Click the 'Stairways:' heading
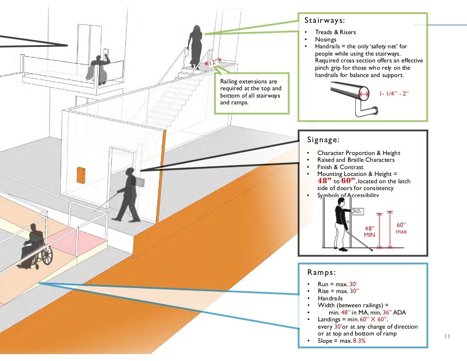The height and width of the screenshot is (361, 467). [324, 21]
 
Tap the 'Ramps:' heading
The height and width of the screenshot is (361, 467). [321, 273]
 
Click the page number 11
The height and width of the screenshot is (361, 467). [446, 336]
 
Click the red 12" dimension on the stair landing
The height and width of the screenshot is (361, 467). [213, 62]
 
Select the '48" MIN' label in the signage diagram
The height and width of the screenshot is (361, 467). [369, 231]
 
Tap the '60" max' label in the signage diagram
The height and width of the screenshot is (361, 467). [401, 228]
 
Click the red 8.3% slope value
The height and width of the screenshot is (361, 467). [359, 340]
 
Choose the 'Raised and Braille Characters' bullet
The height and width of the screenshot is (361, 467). [356, 160]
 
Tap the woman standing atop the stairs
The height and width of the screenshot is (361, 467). [195, 46]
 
